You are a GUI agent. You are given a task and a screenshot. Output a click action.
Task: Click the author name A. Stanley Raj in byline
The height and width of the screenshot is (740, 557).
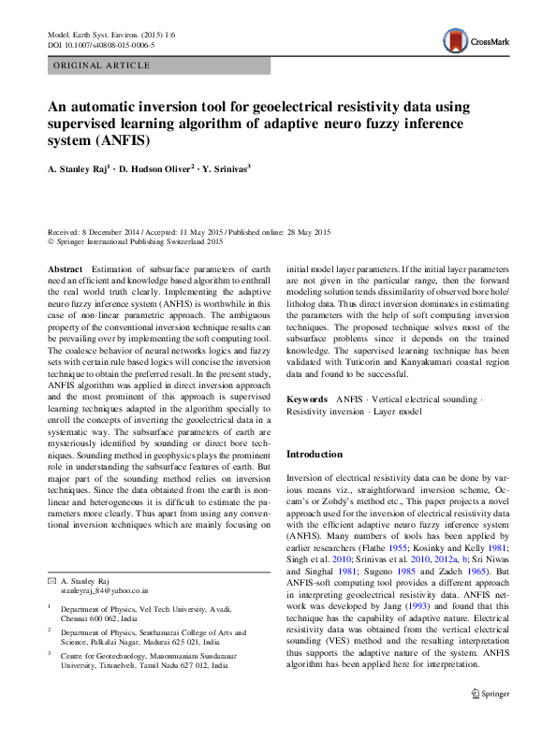(79, 169)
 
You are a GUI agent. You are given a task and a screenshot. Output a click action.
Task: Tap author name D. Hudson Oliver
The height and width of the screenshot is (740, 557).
(156, 169)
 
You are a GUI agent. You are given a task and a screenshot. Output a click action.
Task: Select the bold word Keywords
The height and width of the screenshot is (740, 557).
(307, 399)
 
